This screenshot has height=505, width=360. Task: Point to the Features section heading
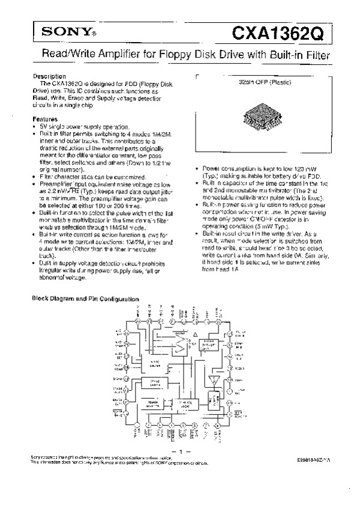coord(45,119)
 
